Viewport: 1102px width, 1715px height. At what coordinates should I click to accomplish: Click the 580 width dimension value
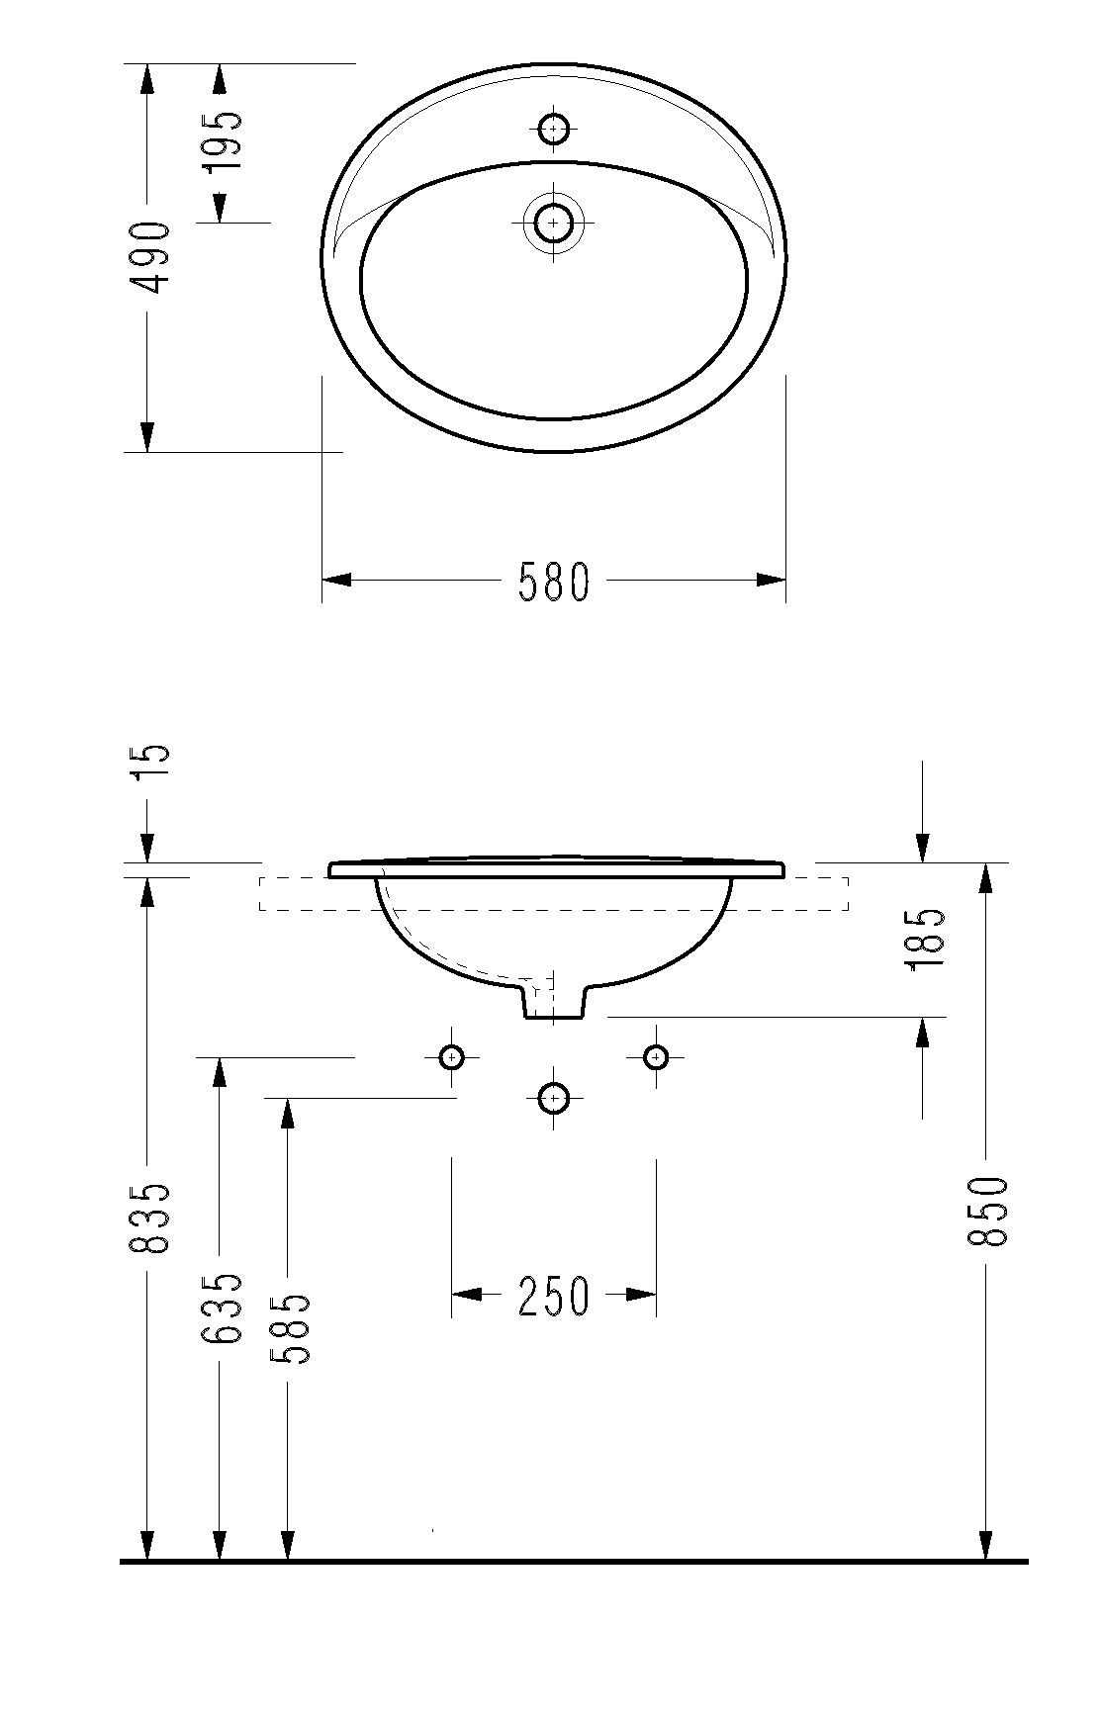click(554, 582)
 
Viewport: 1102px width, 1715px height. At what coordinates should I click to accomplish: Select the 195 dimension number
click(224, 139)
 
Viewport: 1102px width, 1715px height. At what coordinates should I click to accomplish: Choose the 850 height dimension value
click(988, 1212)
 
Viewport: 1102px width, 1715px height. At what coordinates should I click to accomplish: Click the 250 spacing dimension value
click(554, 1296)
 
